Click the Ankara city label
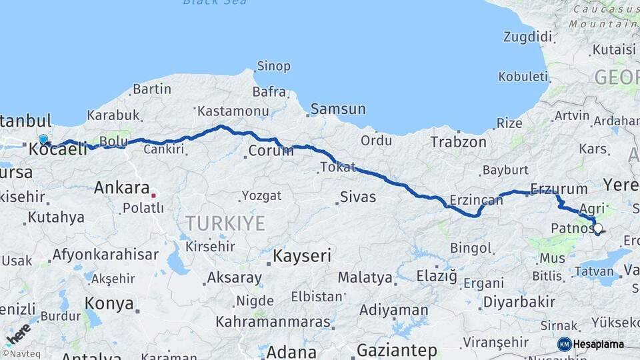(121, 187)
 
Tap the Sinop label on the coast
(274, 66)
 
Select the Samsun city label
(338, 109)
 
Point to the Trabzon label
(458, 142)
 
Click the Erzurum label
(559, 189)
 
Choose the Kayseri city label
(303, 255)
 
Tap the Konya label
(109, 303)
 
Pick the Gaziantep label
(397, 350)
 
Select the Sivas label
(358, 197)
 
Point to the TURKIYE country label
(225, 223)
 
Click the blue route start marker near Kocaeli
(43, 139)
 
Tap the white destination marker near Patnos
(597, 229)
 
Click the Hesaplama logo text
(599, 344)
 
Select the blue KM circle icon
(565, 344)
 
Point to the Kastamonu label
(233, 111)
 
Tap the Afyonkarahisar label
(105, 254)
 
